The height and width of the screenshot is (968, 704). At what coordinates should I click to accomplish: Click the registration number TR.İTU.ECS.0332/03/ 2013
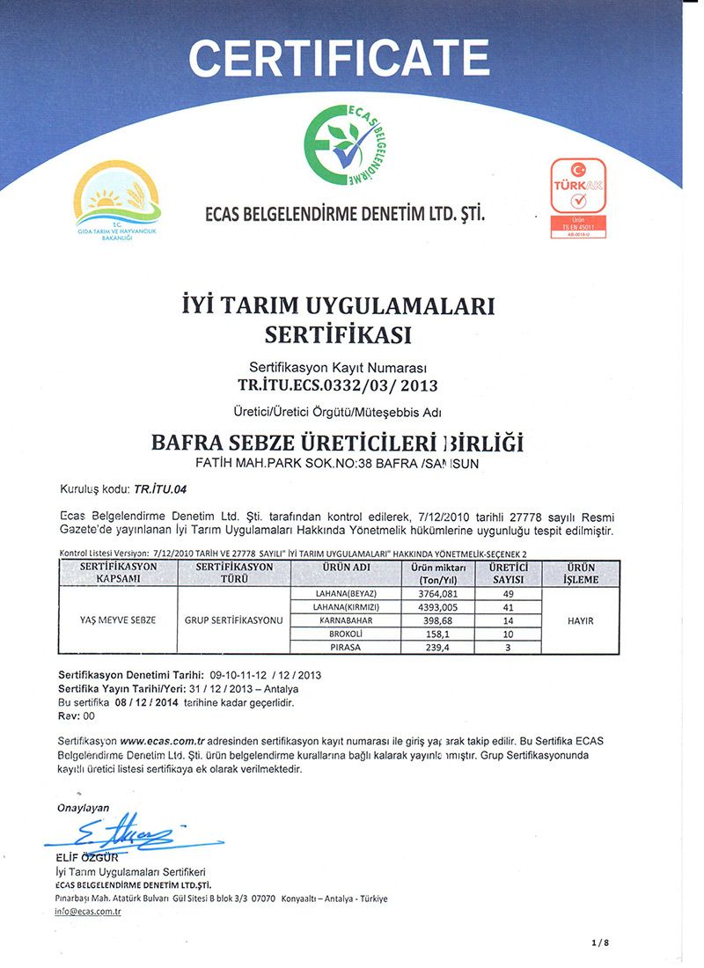click(x=338, y=385)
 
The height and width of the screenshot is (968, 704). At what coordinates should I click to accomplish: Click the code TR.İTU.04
click(x=158, y=487)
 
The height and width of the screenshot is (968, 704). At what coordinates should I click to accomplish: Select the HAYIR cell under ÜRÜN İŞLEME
click(x=581, y=620)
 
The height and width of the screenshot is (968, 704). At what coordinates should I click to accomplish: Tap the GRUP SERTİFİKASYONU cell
click(x=233, y=620)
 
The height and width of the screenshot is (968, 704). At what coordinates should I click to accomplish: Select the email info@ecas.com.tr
click(x=87, y=912)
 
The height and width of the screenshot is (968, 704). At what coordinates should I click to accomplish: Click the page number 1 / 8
click(x=601, y=942)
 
